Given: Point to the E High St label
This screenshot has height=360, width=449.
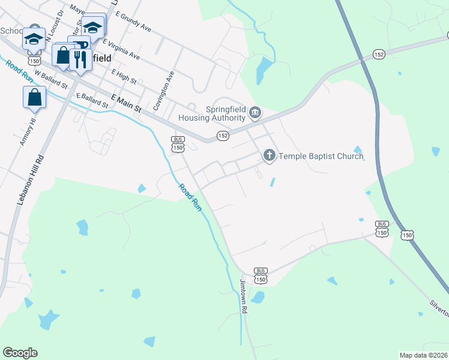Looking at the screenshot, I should click(124, 76).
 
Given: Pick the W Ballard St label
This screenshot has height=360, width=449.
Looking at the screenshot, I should click(49, 80).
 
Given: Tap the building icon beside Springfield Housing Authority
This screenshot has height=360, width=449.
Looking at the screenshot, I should click(255, 113).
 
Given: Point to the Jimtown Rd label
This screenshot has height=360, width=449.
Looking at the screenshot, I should click(244, 298).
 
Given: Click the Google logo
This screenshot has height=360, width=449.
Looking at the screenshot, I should click(20, 353).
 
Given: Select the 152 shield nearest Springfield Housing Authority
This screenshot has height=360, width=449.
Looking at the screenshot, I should click(223, 136).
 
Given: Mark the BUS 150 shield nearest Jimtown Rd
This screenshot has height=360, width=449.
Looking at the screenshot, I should click(261, 276).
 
